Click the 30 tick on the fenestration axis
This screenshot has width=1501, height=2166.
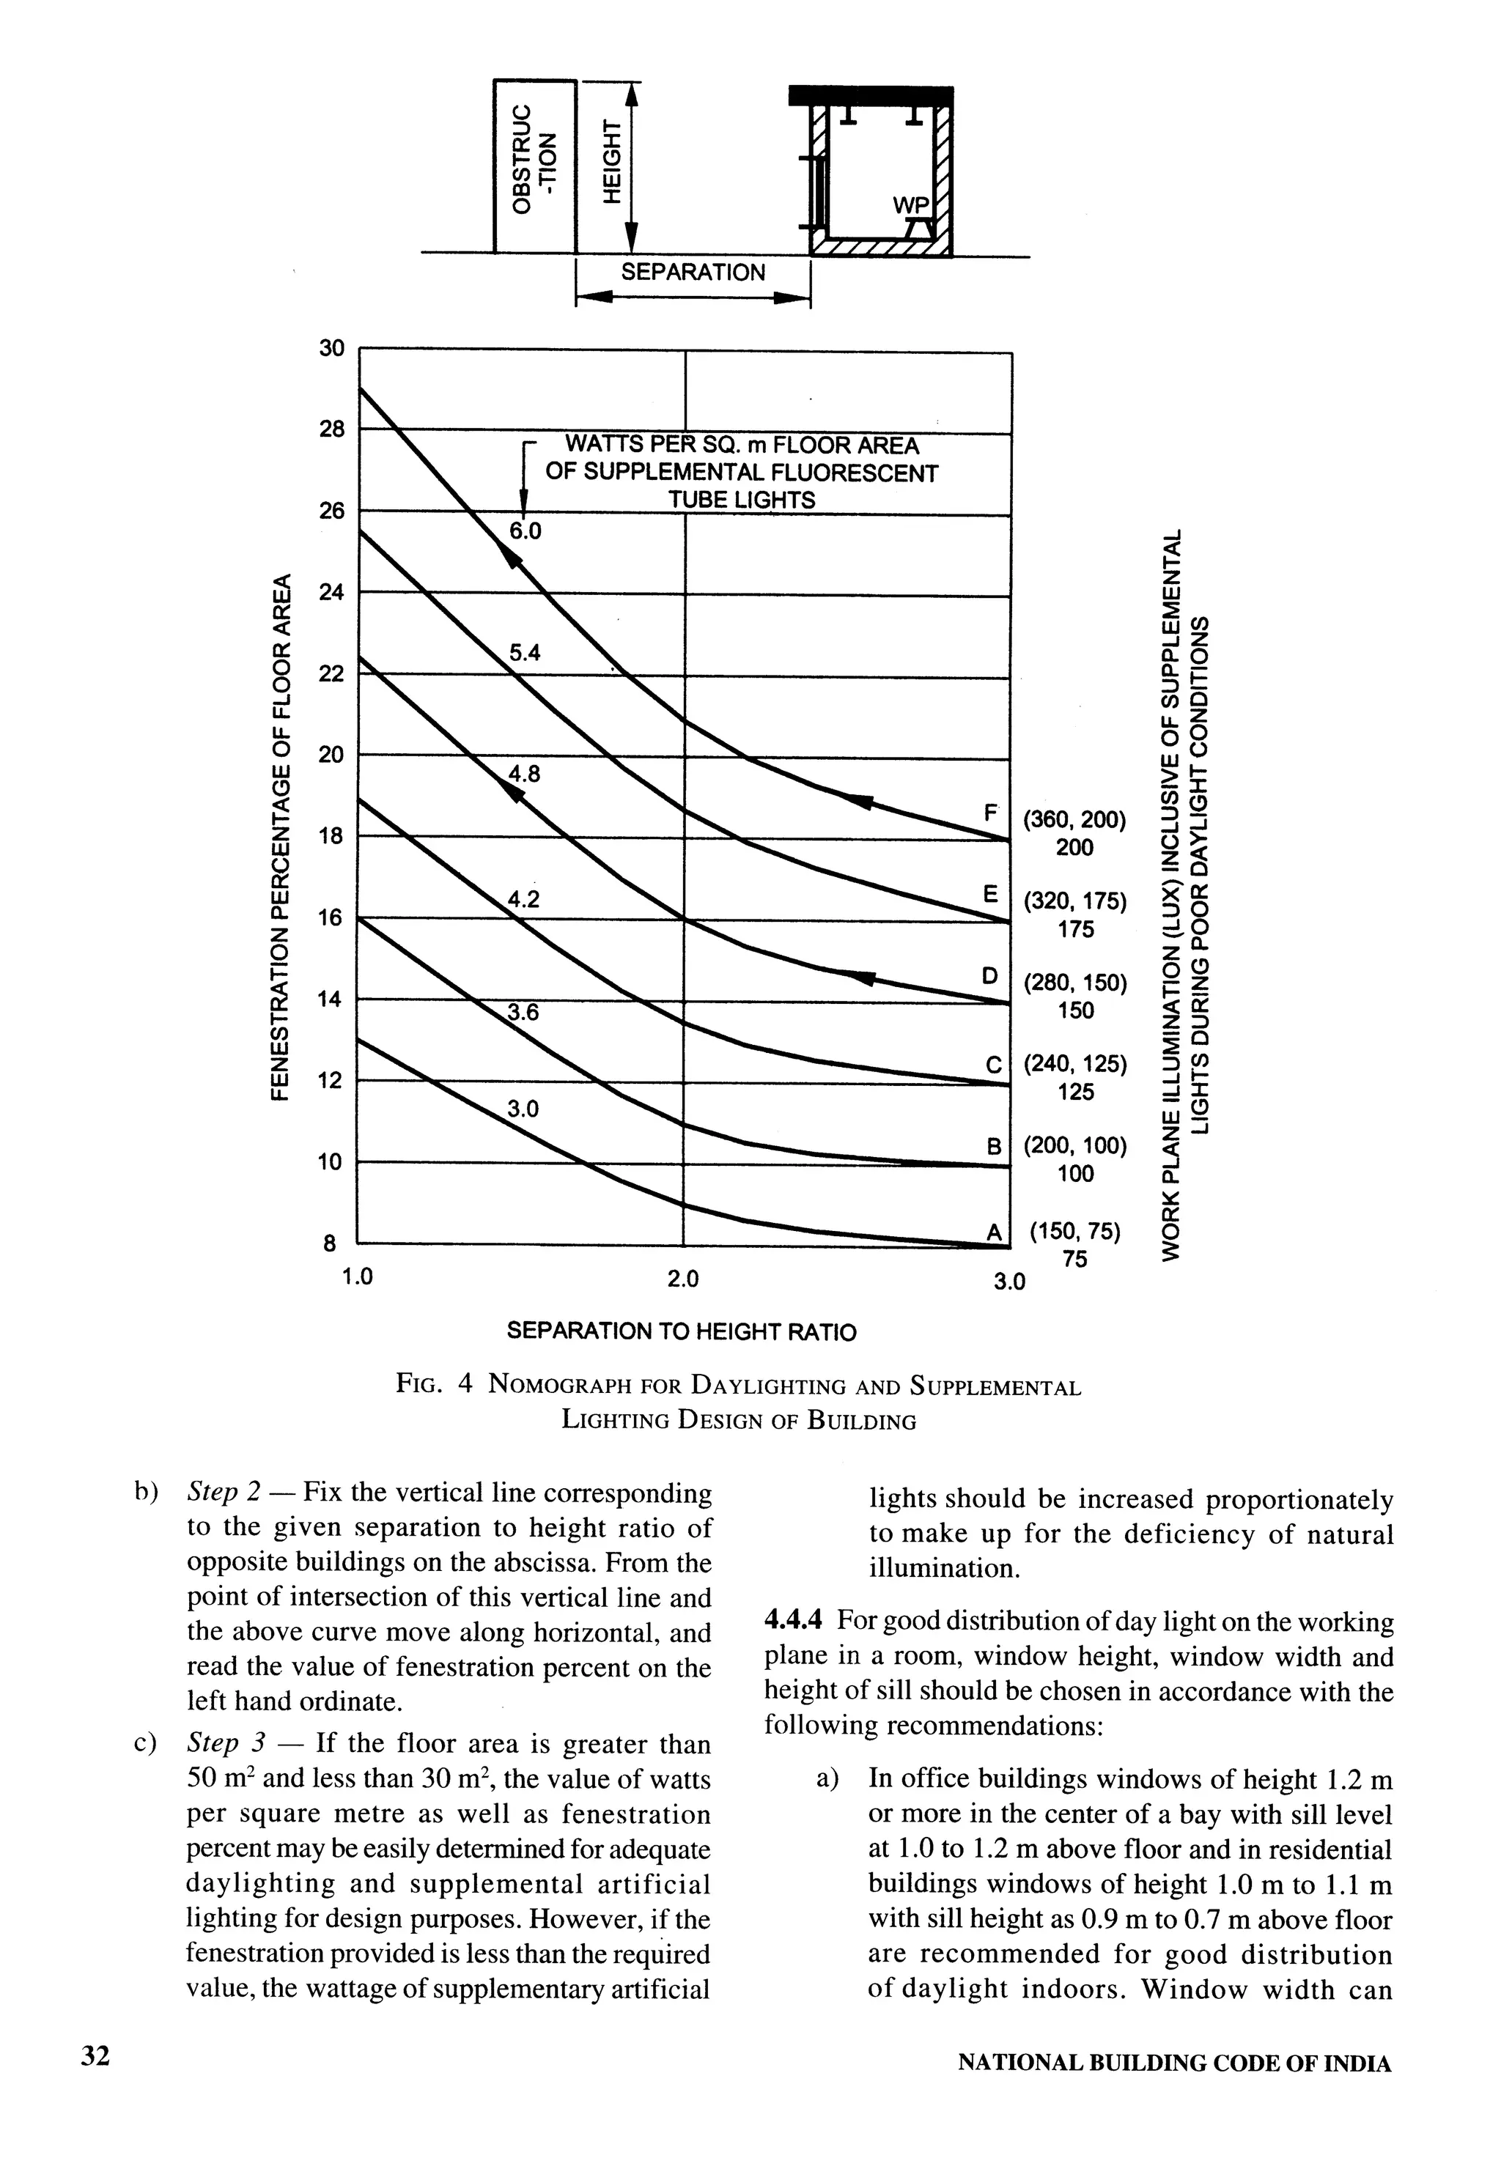point(331,349)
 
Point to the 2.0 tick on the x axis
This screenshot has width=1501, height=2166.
point(683,1279)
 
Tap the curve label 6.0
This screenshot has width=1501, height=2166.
point(525,531)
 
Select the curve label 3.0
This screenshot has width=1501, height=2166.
point(522,1109)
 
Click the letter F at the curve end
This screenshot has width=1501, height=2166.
point(989,811)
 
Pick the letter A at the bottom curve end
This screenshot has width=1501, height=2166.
point(992,1232)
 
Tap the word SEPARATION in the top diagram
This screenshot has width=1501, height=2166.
point(693,273)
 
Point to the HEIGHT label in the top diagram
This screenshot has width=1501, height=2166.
point(612,162)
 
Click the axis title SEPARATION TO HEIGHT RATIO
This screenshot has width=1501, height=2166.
point(682,1332)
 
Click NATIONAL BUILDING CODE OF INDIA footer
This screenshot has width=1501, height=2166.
point(1173,2063)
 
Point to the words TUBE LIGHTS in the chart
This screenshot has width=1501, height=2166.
point(741,500)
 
